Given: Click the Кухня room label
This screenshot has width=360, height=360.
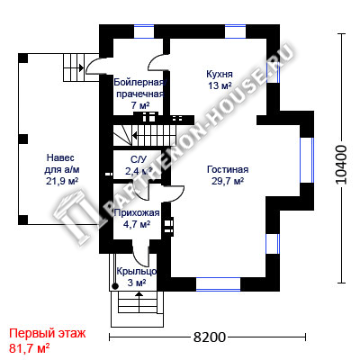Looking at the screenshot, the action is pyautogui.click(x=220, y=74).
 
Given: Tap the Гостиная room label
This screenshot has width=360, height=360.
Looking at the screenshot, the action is pyautogui.click(x=228, y=169).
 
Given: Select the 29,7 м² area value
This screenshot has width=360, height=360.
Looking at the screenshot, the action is pyautogui.click(x=228, y=182).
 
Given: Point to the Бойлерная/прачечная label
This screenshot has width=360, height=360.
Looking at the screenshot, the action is pyautogui.click(x=139, y=88).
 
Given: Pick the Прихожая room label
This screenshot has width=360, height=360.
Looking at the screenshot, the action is pyautogui.click(x=137, y=213).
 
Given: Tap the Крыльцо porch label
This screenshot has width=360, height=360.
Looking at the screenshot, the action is pyautogui.click(x=137, y=271).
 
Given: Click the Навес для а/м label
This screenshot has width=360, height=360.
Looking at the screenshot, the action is pyautogui.click(x=62, y=164).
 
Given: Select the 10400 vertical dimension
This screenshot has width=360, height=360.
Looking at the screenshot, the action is pyautogui.click(x=341, y=165).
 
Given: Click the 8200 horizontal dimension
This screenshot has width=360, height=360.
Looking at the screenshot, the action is pyautogui.click(x=209, y=337).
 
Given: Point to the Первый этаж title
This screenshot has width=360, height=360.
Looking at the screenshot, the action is pyautogui.click(x=48, y=333).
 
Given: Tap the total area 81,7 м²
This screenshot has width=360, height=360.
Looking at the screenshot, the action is pyautogui.click(x=30, y=348).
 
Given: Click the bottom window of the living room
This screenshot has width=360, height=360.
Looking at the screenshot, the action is pyautogui.click(x=219, y=284).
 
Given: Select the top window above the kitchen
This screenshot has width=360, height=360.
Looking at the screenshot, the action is pyautogui.click(x=235, y=31).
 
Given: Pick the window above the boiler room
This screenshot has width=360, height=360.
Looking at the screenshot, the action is pyautogui.click(x=144, y=31).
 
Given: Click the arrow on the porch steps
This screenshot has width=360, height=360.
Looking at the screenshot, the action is pyautogui.click(x=139, y=299).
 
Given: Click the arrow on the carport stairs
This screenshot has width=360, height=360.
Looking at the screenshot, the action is pyautogui.click(x=74, y=67).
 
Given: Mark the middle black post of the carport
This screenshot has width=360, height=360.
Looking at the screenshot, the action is pyautogui.click(x=23, y=139).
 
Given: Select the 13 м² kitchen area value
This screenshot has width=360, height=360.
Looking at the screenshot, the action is pyautogui.click(x=220, y=85).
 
